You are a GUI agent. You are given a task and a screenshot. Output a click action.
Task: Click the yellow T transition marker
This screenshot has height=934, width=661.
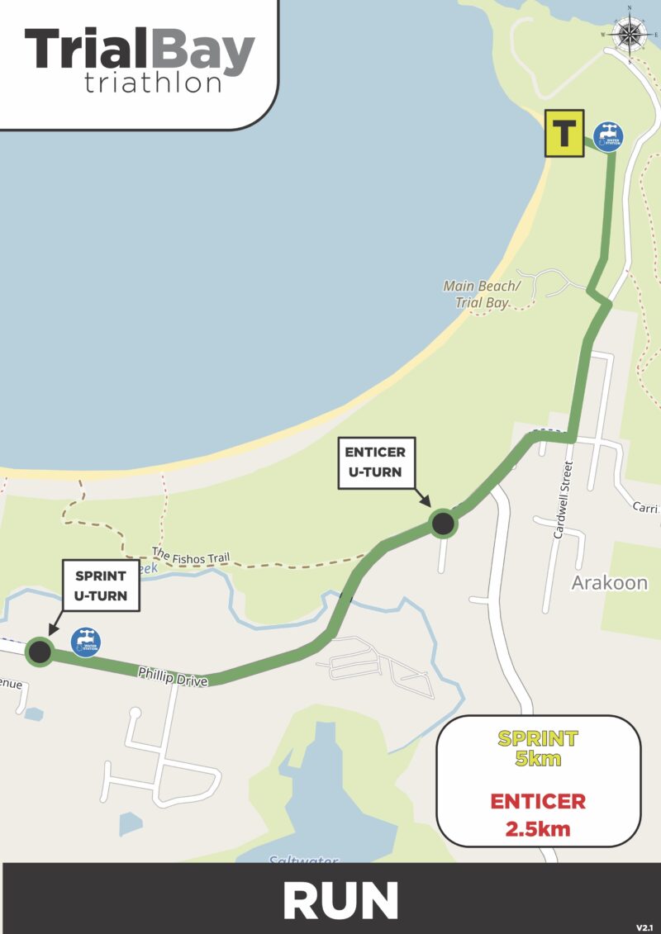(x=564, y=134)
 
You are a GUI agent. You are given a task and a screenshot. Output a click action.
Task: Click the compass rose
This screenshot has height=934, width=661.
(x=630, y=34)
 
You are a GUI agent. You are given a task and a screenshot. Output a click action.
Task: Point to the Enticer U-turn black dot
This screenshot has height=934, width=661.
(x=443, y=523)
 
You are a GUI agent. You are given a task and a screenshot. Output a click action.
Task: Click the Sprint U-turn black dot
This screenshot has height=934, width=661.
(x=39, y=652)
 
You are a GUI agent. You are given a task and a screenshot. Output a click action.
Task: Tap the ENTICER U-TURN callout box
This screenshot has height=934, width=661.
(x=373, y=462)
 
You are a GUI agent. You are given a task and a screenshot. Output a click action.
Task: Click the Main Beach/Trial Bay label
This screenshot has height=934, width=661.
(x=482, y=294)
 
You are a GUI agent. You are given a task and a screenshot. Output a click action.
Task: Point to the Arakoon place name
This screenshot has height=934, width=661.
(x=610, y=583)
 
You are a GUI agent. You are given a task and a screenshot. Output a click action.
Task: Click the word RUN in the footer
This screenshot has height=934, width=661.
(x=340, y=900)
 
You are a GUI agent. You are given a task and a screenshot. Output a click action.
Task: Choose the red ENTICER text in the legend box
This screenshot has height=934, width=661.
(x=538, y=801)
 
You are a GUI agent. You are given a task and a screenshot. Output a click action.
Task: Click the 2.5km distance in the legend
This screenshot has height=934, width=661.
(x=538, y=828)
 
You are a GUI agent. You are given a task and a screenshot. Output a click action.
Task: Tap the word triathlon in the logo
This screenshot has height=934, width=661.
(x=153, y=83)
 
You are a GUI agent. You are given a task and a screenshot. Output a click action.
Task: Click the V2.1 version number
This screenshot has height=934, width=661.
(x=644, y=927)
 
